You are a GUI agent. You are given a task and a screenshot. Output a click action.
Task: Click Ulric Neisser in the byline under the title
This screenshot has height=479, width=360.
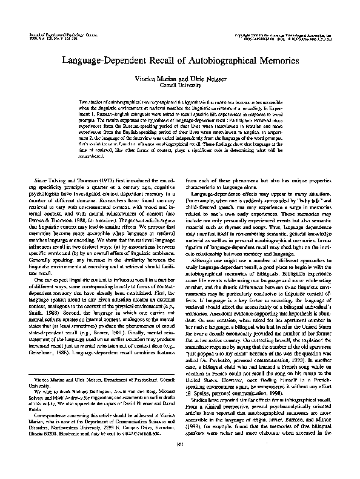[x=204, y=79]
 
